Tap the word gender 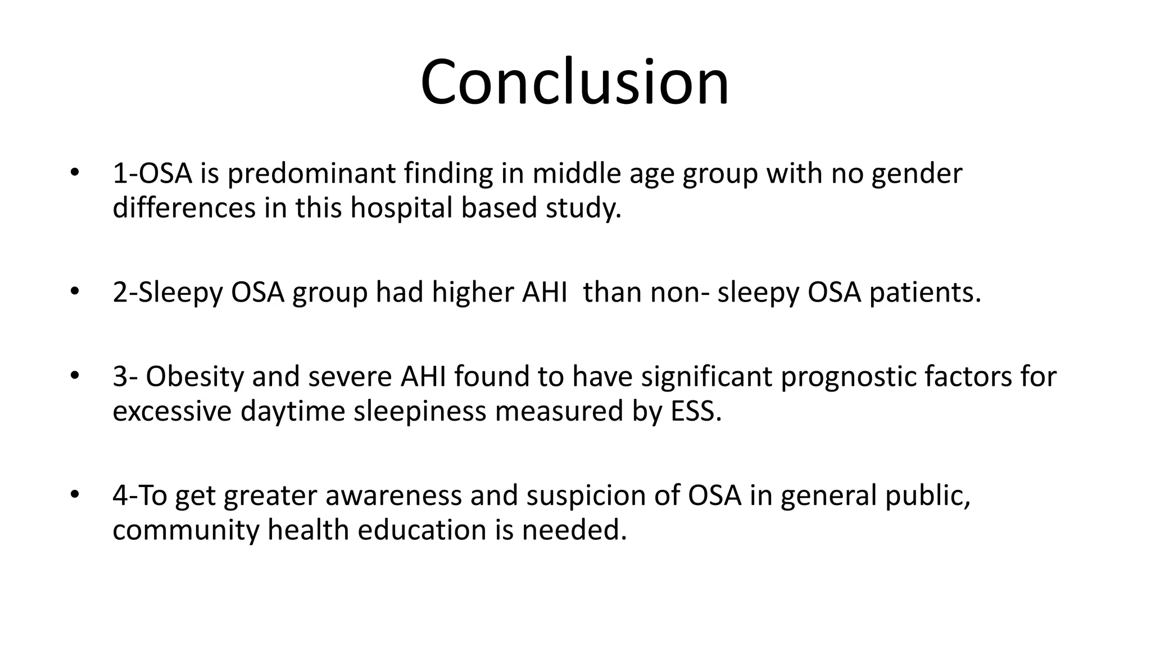point(917,174)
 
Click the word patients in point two point(925,293)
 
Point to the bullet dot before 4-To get point(74,495)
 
